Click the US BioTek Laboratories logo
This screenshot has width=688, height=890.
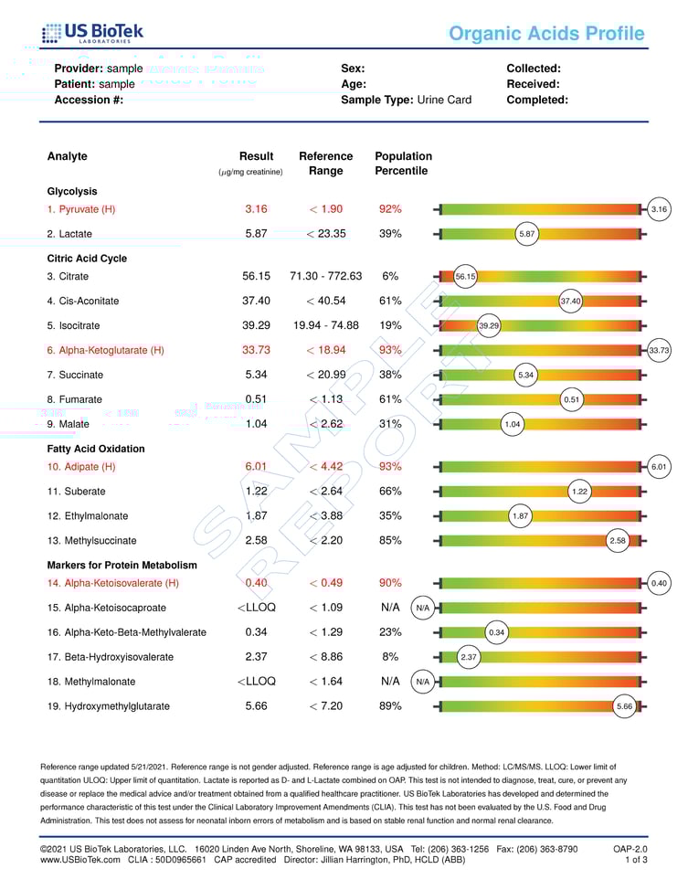(x=92, y=35)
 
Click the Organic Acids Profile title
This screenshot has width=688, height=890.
(x=546, y=35)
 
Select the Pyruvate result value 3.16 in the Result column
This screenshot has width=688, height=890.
(x=256, y=209)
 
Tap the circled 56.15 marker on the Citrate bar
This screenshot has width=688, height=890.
(x=465, y=276)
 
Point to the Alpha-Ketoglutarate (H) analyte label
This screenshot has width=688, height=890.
(x=105, y=350)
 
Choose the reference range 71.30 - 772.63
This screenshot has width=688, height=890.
(x=325, y=276)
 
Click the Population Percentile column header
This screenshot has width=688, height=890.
(x=403, y=164)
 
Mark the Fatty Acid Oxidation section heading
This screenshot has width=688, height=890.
(x=96, y=449)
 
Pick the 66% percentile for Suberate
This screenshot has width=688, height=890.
(x=390, y=491)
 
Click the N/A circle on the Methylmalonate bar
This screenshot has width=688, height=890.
(x=422, y=682)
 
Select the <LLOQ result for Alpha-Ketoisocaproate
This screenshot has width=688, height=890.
(x=256, y=607)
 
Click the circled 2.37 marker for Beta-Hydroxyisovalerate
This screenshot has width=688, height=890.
(x=469, y=657)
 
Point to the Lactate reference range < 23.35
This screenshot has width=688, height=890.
(x=325, y=234)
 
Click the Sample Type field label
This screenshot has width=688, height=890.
(x=377, y=100)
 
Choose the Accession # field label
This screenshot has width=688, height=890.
(x=89, y=100)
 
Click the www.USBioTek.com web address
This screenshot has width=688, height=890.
(x=80, y=860)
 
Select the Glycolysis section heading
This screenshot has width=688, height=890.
(x=72, y=192)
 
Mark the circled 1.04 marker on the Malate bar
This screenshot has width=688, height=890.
(x=513, y=424)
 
